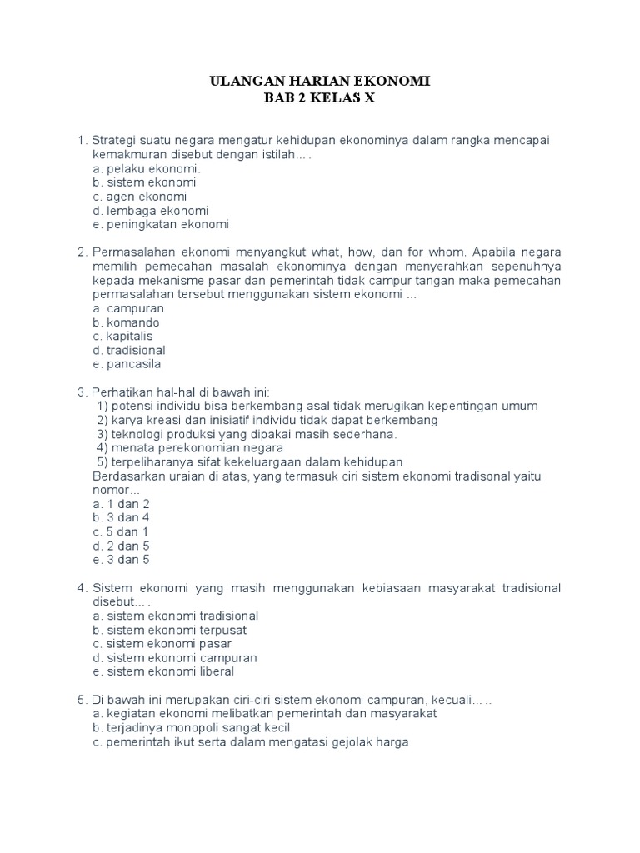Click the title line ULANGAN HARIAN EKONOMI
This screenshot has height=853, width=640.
click(x=319, y=82)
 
